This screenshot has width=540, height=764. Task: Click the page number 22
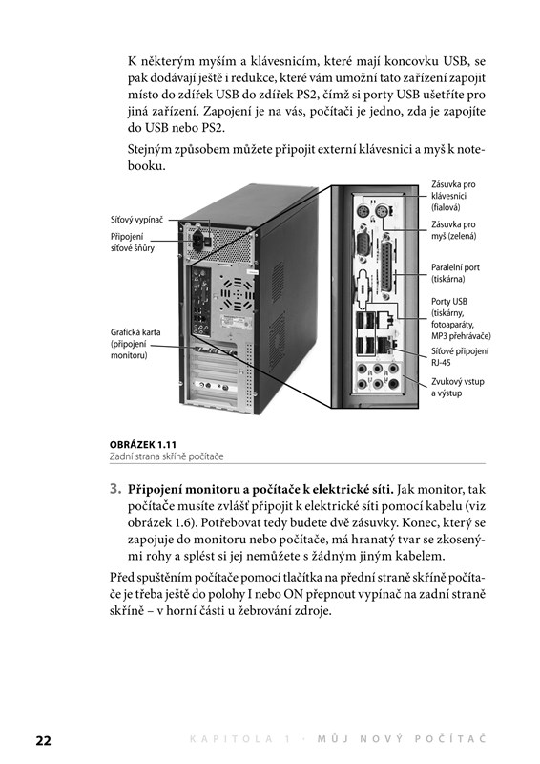(43, 741)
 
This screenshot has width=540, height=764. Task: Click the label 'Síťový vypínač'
(136, 220)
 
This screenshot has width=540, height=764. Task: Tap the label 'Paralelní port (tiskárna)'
(455, 273)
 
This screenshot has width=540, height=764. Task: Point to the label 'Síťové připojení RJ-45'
(460, 357)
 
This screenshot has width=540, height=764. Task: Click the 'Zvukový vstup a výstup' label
(457, 388)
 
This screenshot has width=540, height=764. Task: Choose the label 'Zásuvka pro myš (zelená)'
(453, 230)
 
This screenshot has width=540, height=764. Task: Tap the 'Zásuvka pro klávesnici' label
(453, 196)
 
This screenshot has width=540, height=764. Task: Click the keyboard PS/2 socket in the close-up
(363, 211)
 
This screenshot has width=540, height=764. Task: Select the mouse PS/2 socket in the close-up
(383, 211)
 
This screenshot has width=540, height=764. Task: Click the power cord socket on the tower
(198, 239)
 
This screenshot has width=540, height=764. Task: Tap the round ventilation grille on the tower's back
(238, 294)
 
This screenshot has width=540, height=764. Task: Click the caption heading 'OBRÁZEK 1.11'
(143, 444)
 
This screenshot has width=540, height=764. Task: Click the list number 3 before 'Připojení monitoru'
(114, 489)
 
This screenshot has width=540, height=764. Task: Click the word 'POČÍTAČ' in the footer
(450, 738)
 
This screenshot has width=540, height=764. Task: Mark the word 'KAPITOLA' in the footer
(231, 739)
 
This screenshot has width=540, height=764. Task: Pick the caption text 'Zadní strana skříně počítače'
(167, 456)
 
